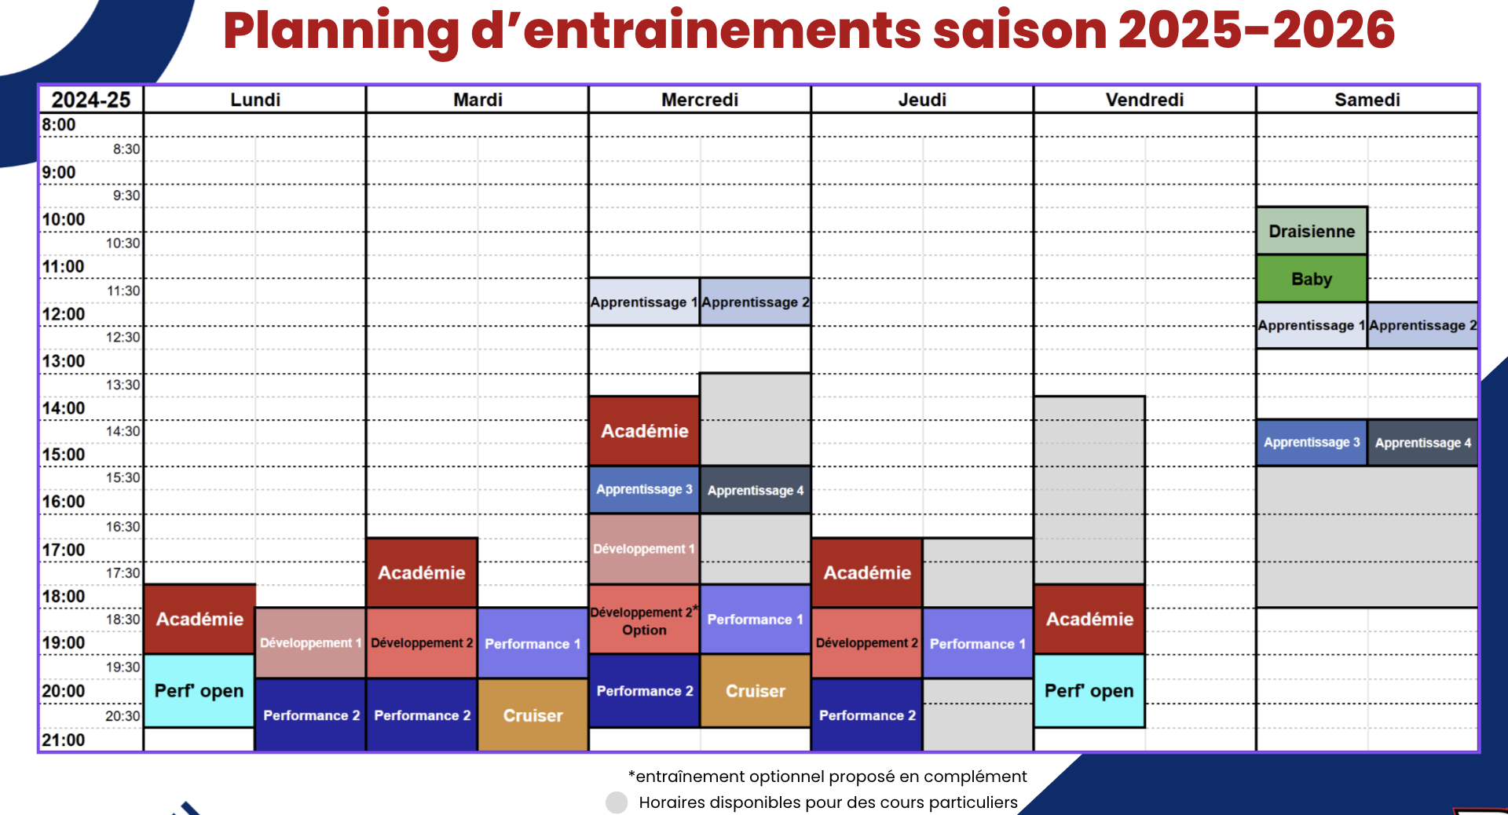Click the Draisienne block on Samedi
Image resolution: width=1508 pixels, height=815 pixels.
click(x=1312, y=231)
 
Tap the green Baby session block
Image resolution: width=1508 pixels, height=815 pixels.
click(x=1312, y=279)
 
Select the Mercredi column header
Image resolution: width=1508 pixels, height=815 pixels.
click(x=699, y=100)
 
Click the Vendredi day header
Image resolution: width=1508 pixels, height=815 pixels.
click(x=1144, y=100)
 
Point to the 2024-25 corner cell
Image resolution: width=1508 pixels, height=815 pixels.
click(x=91, y=100)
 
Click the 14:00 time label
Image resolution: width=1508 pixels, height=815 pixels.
click(x=64, y=408)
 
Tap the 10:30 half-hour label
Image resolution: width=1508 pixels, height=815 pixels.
click(x=123, y=243)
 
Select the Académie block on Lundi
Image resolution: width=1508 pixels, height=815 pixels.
click(x=199, y=619)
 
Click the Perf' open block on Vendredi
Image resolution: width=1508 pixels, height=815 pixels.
click(x=1089, y=691)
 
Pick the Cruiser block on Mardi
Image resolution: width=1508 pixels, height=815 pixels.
click(x=533, y=715)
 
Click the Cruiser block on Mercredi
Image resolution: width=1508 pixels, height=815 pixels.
click(x=755, y=691)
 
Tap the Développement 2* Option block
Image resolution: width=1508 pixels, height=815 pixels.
click(x=644, y=620)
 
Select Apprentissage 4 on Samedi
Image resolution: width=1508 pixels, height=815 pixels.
click(x=1422, y=443)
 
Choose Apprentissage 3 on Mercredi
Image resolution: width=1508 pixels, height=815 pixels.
click(x=644, y=489)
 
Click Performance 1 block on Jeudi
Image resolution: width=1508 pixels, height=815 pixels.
click(x=977, y=644)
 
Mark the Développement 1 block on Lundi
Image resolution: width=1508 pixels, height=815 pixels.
click(x=310, y=643)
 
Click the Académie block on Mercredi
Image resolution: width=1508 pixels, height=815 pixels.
click(x=644, y=431)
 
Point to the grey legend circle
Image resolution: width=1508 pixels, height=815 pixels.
click(x=617, y=802)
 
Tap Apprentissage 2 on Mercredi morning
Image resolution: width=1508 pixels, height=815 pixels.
click(x=755, y=302)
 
